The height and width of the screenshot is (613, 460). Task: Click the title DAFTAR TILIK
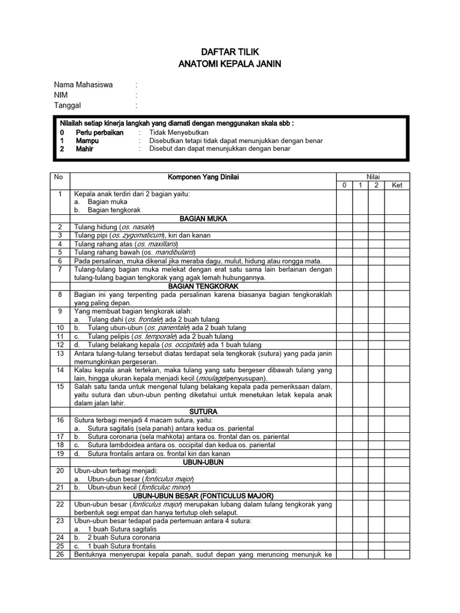(230, 53)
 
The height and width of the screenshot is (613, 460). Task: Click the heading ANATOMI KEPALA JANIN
(230, 64)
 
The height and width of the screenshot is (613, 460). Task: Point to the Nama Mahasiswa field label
(83, 85)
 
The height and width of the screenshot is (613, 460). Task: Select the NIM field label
(61, 95)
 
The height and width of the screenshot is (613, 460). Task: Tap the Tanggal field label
(67, 105)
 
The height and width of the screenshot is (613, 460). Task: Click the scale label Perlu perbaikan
(99, 132)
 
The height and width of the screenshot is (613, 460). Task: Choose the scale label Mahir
(84, 148)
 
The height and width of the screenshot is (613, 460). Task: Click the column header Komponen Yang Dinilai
(202, 177)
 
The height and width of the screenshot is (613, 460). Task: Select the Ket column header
(397, 186)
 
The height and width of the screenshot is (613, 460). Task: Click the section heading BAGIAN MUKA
(202, 219)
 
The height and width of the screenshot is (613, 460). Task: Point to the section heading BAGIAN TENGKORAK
(202, 287)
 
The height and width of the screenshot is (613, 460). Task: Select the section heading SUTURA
(202, 412)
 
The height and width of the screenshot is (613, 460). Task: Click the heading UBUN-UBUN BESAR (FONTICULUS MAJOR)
(202, 496)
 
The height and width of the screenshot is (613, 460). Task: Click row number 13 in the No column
(60, 354)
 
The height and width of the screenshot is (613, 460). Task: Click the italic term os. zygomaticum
(134, 235)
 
